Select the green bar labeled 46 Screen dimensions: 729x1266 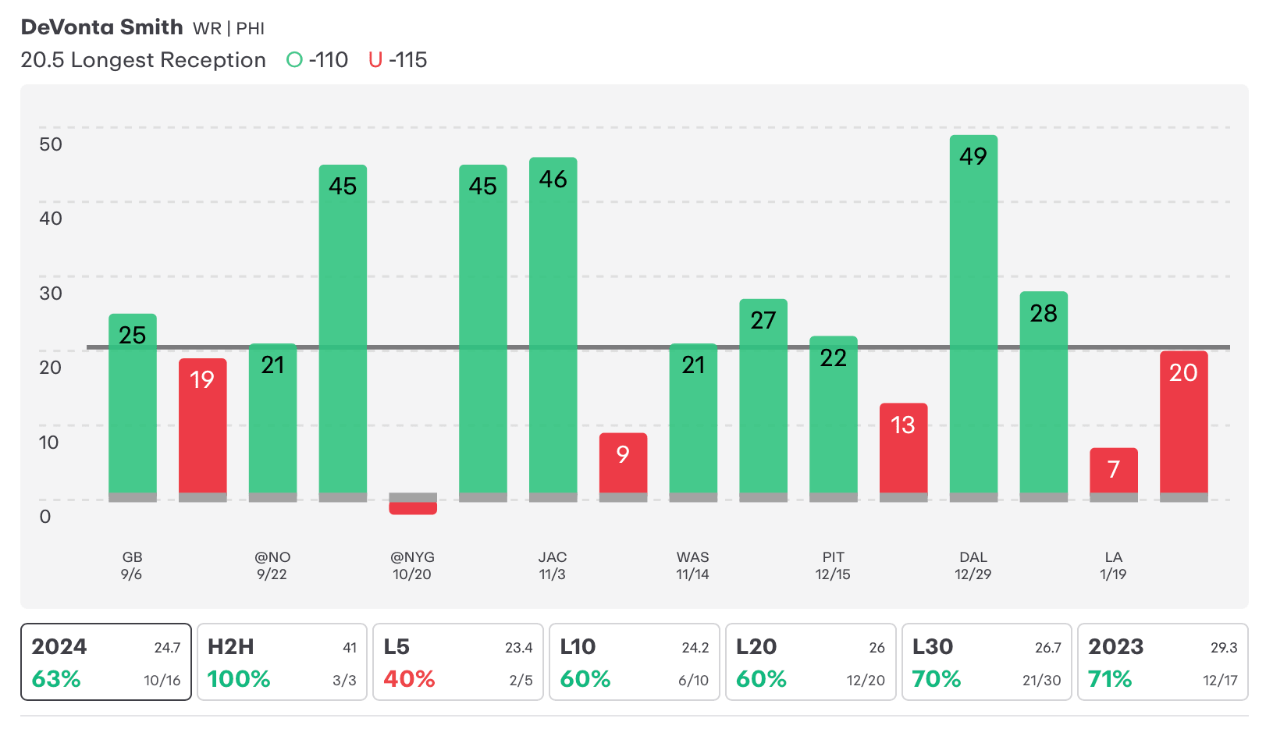tap(553, 328)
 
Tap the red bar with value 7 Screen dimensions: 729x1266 tap(1113, 472)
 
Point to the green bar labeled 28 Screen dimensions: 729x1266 tap(1044, 394)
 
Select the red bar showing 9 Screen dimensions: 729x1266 tap(623, 464)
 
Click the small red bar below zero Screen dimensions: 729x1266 tap(413, 508)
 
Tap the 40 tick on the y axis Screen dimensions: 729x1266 tap(51, 219)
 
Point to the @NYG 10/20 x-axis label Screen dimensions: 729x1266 tap(412, 566)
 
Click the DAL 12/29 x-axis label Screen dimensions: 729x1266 tap(973, 566)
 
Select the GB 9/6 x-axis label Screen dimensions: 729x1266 tap(132, 566)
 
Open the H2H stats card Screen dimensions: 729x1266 tap(282, 662)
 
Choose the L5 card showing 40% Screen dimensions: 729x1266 tap(458, 662)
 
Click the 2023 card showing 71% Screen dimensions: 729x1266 tap(1162, 662)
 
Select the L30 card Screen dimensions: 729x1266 tap(987, 662)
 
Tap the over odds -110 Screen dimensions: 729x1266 tap(318, 60)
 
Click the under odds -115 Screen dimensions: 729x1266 tap(398, 60)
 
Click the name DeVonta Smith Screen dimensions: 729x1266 tap(101, 27)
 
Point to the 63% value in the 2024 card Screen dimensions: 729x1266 tap(56, 679)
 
